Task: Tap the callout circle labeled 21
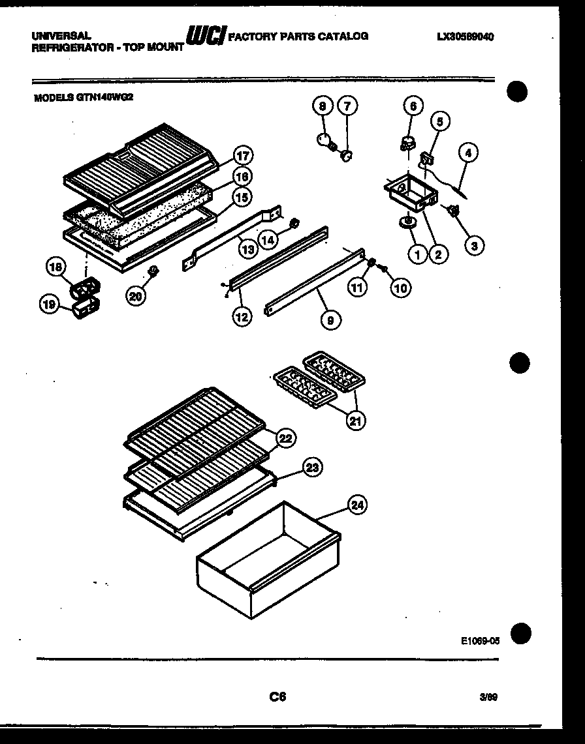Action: pos(355,421)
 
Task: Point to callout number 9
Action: pos(330,320)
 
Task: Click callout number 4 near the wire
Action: pos(467,154)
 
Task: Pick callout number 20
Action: pos(135,295)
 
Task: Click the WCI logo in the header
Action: pos(205,37)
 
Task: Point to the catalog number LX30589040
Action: pos(465,37)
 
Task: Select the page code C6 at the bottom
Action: pos(278,696)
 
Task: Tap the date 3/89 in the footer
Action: pos(488,697)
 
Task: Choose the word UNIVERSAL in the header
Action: pos(61,37)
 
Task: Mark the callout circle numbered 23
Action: pos(313,467)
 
